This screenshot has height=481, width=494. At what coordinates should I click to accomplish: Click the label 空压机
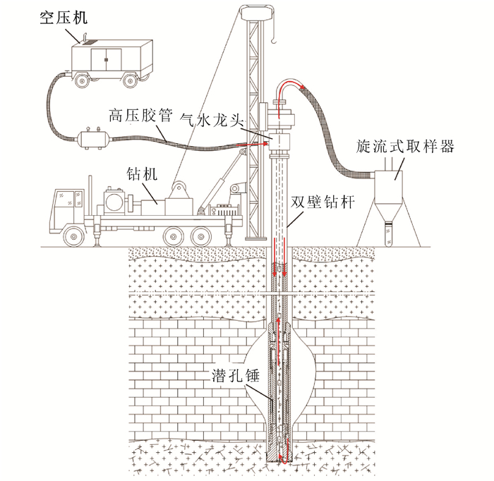64,16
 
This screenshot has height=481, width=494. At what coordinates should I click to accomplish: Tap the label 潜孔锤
236,376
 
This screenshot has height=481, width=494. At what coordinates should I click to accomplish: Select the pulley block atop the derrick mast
256,11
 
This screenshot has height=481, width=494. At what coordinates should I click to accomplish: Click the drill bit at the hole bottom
282,458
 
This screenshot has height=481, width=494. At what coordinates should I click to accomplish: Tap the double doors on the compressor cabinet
106,58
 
